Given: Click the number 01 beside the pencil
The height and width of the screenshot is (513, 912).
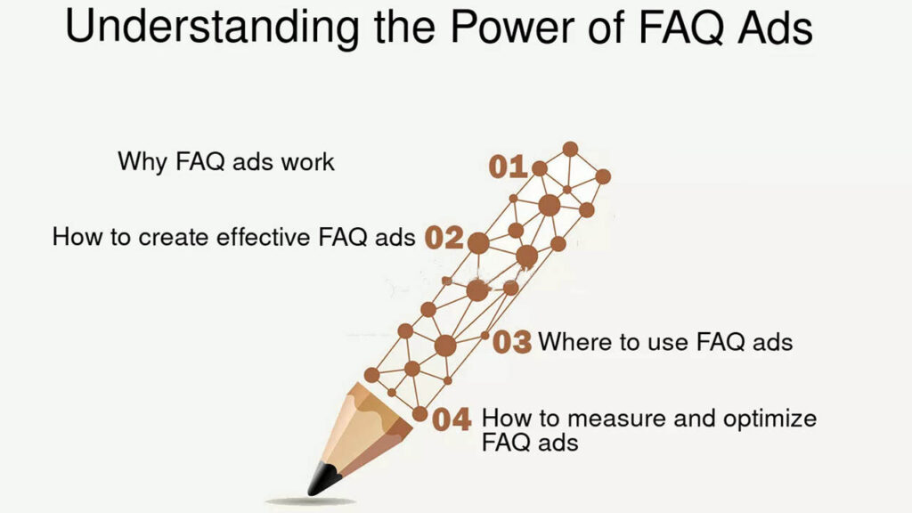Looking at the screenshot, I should coord(508,167).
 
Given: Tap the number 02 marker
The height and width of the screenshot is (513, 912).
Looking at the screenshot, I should coord(444,238).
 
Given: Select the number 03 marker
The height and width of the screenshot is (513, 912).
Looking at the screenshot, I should coord(512,342).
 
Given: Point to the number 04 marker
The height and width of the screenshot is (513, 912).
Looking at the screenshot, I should coord(452,419).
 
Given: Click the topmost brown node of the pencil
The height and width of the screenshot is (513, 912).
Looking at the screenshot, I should coord(570,149).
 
